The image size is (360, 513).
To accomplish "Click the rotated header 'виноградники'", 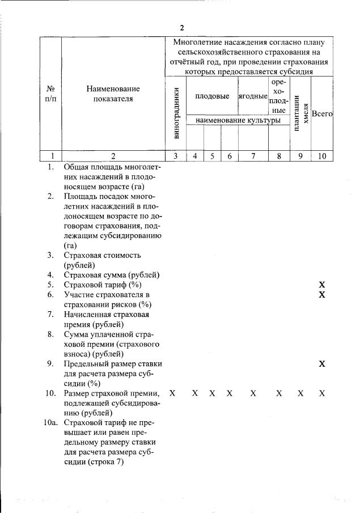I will click(x=176, y=114).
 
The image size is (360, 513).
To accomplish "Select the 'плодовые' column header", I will click(x=212, y=96).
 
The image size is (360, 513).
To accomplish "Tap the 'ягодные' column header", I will click(x=252, y=96).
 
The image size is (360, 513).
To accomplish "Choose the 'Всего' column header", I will click(x=322, y=113).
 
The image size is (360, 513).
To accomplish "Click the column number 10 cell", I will click(x=322, y=156).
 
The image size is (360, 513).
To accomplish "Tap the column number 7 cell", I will click(x=253, y=156).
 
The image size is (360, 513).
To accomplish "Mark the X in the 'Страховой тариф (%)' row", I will click(x=322, y=285).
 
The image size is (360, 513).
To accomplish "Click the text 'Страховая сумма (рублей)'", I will click(x=111, y=275).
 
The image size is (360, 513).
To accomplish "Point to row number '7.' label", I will click(x=51, y=315).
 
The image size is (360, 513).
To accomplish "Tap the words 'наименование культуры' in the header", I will click(x=238, y=120).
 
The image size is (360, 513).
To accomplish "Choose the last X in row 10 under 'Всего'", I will click(x=322, y=393).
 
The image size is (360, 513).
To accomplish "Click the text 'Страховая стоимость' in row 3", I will click(x=102, y=255).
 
